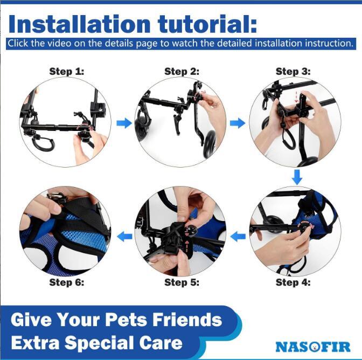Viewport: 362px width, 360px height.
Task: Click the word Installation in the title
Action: point(79,24)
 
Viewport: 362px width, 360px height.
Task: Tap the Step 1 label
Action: point(67,71)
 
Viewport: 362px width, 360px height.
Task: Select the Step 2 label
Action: point(182,71)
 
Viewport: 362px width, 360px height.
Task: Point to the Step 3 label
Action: point(293,71)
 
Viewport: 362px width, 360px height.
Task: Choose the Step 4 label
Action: point(293,282)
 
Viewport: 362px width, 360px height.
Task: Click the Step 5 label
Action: point(182,282)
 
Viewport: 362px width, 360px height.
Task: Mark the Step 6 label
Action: point(67,282)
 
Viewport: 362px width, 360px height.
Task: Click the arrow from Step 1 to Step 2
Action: point(124,123)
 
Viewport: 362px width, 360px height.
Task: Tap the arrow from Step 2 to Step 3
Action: point(238,123)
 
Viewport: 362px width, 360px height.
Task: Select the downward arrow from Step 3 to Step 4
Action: point(297,177)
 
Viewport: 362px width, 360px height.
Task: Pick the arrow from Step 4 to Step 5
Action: point(238,237)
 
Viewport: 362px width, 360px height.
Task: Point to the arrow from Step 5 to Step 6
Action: point(124,237)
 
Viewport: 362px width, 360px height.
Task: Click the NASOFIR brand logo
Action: point(313,347)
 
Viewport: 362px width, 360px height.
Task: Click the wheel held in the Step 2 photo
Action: point(209,144)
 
